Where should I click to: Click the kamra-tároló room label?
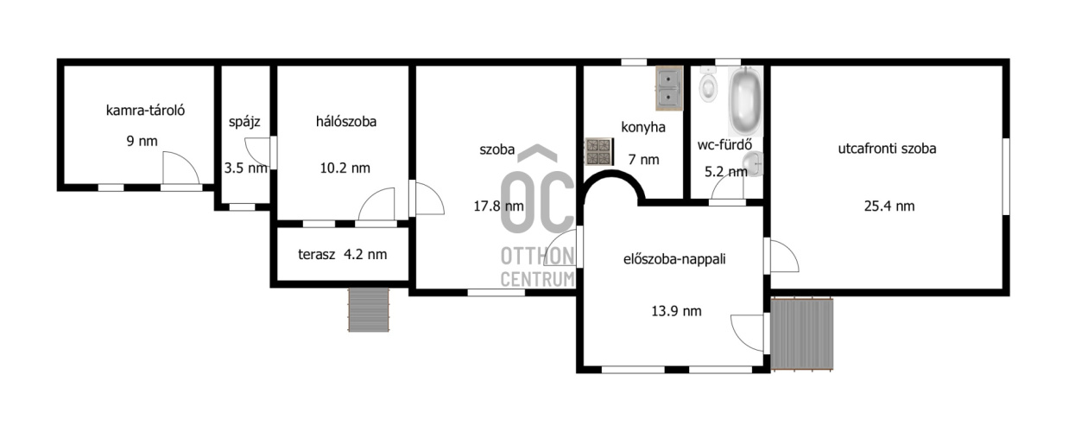coord(145,111)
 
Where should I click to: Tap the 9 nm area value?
coord(142,141)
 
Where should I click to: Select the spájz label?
coord(244,122)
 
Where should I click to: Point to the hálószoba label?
coord(346,122)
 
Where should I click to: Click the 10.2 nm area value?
coord(345,168)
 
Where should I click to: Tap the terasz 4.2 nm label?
coord(342,254)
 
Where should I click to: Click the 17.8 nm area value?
coord(498,206)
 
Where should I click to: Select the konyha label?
coord(643,128)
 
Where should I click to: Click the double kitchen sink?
coord(669,88)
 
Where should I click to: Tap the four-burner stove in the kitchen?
coord(599,152)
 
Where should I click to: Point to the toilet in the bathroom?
coord(708,84)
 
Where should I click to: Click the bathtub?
coord(745,102)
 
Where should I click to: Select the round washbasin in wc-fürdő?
coord(753,163)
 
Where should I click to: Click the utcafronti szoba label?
coord(887,149)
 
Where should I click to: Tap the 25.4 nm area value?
coord(889,206)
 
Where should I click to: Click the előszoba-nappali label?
coord(674,259)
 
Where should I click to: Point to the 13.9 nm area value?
coord(676,312)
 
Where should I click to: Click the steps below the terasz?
coord(369,309)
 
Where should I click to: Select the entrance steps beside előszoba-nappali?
coord(802,334)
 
